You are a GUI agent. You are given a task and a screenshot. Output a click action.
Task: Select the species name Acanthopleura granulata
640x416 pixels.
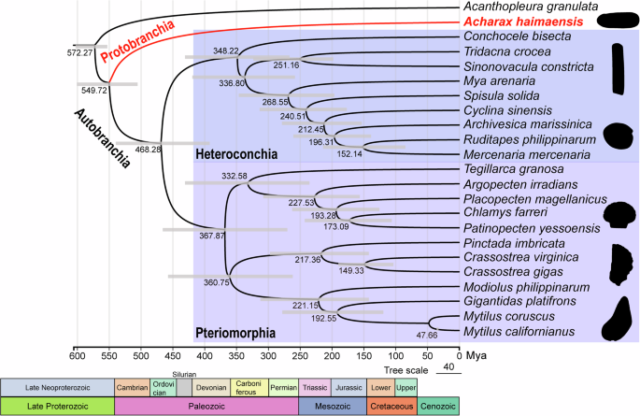pyautogui.click(x=525, y=7)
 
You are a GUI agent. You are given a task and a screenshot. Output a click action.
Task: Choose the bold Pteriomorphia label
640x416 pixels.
pyautogui.click(x=236, y=331)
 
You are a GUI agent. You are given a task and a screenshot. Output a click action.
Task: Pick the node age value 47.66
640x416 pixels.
pyautogui.click(x=426, y=334)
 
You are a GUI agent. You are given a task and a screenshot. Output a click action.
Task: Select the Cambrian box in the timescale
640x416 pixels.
pyautogui.click(x=132, y=387)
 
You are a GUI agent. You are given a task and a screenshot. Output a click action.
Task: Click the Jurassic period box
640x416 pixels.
pyautogui.click(x=348, y=387)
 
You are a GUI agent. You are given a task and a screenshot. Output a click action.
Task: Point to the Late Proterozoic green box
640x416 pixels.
pyautogui.click(x=57, y=406)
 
